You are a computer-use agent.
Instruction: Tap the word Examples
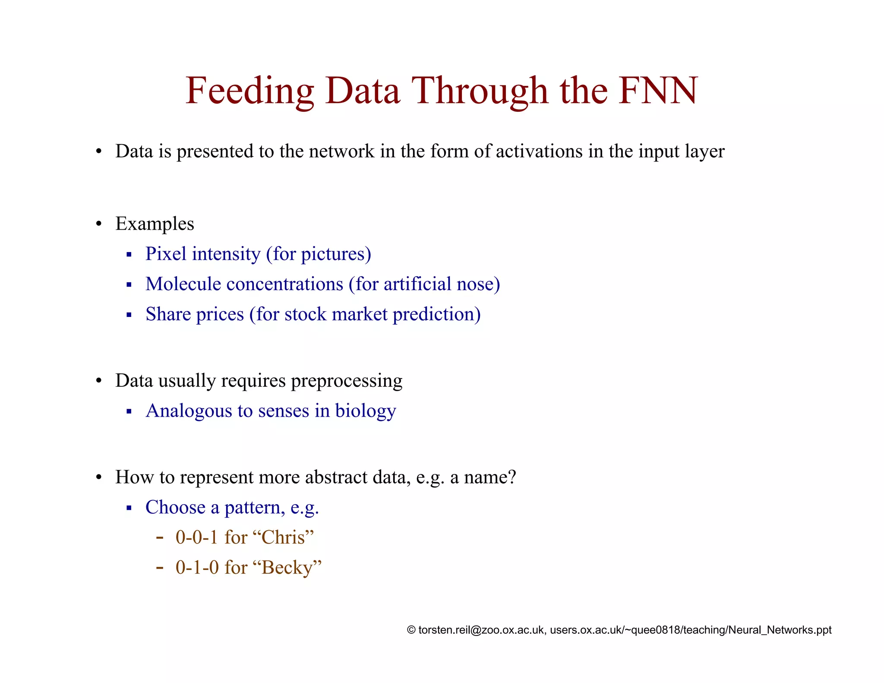155,224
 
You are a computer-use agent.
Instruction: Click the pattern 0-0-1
197,538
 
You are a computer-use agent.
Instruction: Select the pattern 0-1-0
197,568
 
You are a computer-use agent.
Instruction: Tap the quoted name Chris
287,538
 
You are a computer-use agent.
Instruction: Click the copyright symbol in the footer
411,630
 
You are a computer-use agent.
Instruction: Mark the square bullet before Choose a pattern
129,508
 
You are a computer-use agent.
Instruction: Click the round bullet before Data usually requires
99,381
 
